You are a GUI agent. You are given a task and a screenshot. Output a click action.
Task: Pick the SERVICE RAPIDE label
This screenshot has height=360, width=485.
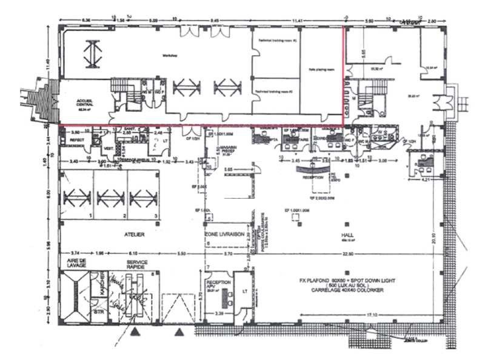137,264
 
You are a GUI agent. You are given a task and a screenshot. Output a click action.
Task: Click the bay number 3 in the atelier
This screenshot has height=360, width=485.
156,216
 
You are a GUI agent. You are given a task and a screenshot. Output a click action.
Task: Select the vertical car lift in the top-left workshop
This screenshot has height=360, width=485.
92,54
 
